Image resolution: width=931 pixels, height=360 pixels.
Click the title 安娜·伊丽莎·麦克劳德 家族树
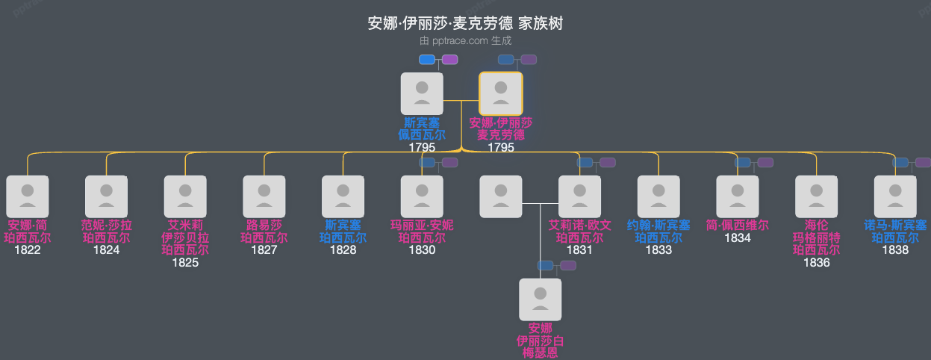(465, 23)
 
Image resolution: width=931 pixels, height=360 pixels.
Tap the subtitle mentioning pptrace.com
(465, 41)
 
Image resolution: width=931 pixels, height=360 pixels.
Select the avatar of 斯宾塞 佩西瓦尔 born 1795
(422, 93)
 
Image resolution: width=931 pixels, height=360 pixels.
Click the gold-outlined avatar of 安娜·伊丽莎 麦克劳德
(501, 93)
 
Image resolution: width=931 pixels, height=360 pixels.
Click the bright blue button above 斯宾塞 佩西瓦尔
(427, 60)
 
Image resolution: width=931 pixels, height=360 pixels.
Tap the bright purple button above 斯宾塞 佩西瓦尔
(449, 60)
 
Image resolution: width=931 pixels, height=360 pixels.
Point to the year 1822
(28, 250)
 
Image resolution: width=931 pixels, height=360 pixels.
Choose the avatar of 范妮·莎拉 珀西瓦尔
(107, 196)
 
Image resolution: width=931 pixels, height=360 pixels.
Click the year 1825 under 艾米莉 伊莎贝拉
(185, 262)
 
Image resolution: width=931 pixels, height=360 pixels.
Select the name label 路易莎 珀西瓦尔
(264, 232)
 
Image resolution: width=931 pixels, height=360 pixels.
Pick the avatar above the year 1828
(343, 196)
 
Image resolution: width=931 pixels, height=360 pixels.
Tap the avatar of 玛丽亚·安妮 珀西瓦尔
(422, 196)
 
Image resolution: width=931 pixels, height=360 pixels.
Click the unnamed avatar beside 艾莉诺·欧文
(501, 196)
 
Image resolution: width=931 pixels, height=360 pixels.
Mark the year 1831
(579, 250)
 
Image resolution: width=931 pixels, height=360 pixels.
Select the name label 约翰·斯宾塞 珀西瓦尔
(658, 232)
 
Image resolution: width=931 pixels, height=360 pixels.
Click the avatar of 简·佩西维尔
(738, 196)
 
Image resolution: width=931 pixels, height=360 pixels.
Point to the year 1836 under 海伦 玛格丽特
(816, 262)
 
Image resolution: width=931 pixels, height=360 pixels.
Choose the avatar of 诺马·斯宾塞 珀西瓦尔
(895, 196)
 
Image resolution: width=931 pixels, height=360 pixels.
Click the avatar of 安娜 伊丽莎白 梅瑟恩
(541, 300)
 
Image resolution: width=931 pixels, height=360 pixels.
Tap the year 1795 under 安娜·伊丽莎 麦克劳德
(501, 147)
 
